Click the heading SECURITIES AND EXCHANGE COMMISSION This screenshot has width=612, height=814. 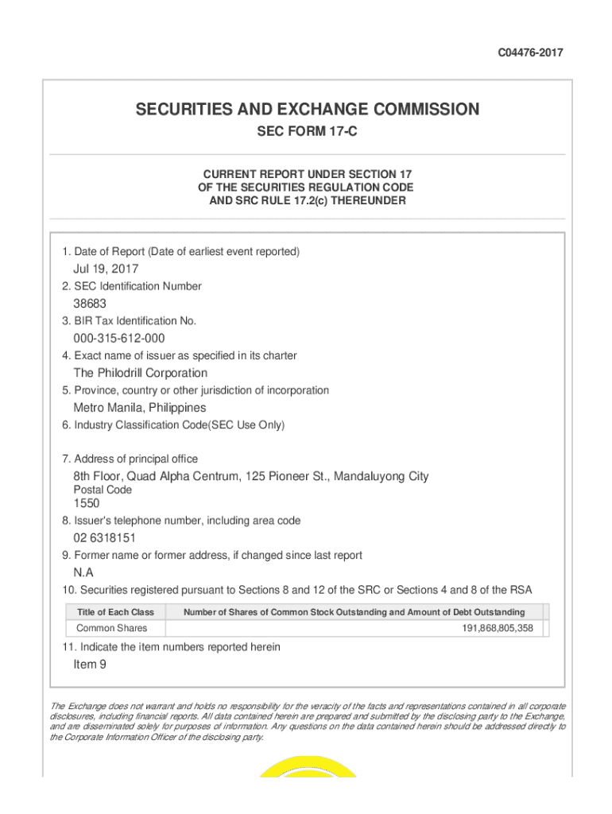coord(307,109)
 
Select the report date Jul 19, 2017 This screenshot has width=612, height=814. coord(106,269)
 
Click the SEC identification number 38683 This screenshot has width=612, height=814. coord(90,304)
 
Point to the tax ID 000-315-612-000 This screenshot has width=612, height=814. coord(119,339)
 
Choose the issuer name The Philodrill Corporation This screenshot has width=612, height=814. coord(141,373)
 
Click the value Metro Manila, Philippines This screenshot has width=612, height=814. coord(140,408)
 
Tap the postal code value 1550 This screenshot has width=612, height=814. coord(87,503)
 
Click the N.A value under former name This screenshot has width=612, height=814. coord(83,573)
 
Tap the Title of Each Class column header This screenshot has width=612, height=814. coord(115,612)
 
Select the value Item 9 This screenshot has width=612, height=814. coord(90,665)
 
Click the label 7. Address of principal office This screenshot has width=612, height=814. coord(130,459)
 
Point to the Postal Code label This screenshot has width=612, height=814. coord(103,490)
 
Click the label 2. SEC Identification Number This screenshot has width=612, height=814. coord(132,286)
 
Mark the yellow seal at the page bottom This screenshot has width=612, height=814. coord(307,766)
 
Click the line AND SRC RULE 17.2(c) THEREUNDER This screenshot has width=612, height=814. coord(307,201)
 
